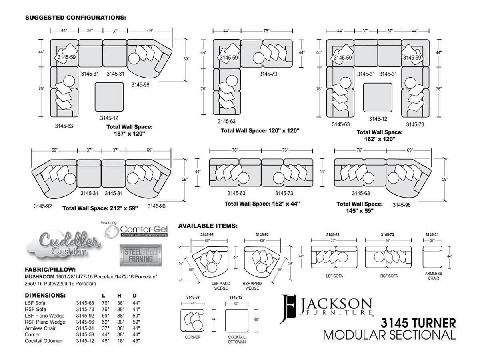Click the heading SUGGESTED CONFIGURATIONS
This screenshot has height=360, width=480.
pos(76,18)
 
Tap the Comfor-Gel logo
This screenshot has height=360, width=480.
pos(136,230)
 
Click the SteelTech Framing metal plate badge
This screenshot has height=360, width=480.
pos(141,255)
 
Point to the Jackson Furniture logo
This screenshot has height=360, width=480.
pos(326,309)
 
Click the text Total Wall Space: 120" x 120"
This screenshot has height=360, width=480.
pos(260,131)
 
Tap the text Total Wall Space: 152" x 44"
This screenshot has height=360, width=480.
pos(262,204)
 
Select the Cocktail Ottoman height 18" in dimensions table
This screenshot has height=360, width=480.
pos(121,341)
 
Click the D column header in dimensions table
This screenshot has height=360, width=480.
pos(134,296)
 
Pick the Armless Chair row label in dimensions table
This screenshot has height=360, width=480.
pos(40,328)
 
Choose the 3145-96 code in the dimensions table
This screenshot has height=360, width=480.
pos(85,322)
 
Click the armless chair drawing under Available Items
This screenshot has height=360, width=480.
pos(432,257)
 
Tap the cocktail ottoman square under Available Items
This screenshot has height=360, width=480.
pos(237,320)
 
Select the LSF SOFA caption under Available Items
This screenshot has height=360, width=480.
pos(334,276)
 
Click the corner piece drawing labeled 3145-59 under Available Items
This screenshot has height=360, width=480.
pos(192,320)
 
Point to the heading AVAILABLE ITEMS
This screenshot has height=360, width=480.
pos(208,226)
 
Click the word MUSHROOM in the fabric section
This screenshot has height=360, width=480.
pos(39,277)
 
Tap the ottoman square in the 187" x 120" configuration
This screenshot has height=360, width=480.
pos(109,97)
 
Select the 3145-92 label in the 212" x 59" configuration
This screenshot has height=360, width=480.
pos(43,206)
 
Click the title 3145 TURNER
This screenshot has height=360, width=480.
pos(418,323)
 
